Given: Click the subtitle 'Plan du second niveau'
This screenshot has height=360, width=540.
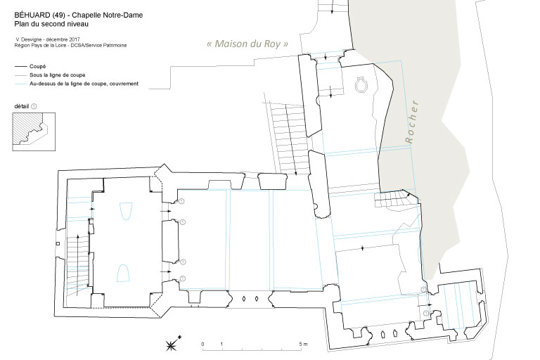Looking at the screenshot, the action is point(51,24).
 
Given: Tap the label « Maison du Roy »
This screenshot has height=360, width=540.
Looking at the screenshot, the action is point(247,44).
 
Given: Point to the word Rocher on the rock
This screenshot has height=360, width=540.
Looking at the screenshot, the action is point(411,122).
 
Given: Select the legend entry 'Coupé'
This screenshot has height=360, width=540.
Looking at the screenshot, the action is point(37,67).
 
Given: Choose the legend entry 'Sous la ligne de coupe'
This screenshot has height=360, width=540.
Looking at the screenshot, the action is point(57,75).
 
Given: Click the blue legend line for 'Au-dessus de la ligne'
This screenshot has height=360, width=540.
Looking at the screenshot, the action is point(20,84).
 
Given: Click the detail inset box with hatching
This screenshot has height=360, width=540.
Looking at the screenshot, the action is point(34,131).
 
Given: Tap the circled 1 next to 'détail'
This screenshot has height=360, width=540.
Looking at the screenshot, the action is point(34,106).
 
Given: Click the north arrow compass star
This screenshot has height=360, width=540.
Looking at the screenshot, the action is point(171,344).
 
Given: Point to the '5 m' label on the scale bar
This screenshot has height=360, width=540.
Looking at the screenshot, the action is point(303,344).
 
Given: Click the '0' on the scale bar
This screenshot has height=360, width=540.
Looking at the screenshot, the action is point(202,344).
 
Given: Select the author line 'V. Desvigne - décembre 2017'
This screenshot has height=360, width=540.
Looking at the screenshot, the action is point(48,39).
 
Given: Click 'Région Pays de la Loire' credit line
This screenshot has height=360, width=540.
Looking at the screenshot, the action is point(70,46).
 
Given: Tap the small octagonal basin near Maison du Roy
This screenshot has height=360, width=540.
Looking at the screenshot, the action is point(361,84).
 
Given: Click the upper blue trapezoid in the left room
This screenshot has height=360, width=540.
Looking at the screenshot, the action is point(126,211).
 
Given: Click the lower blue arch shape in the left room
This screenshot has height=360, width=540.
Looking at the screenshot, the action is point(123,274).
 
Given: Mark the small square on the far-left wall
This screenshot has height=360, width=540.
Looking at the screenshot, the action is point(58,244).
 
